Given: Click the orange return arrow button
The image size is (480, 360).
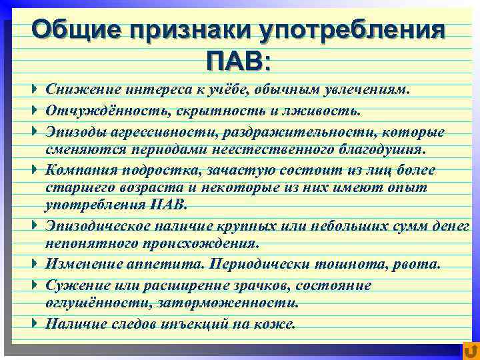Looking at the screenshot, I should coord(470,350).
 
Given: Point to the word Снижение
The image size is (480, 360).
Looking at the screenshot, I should coord(75,89).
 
